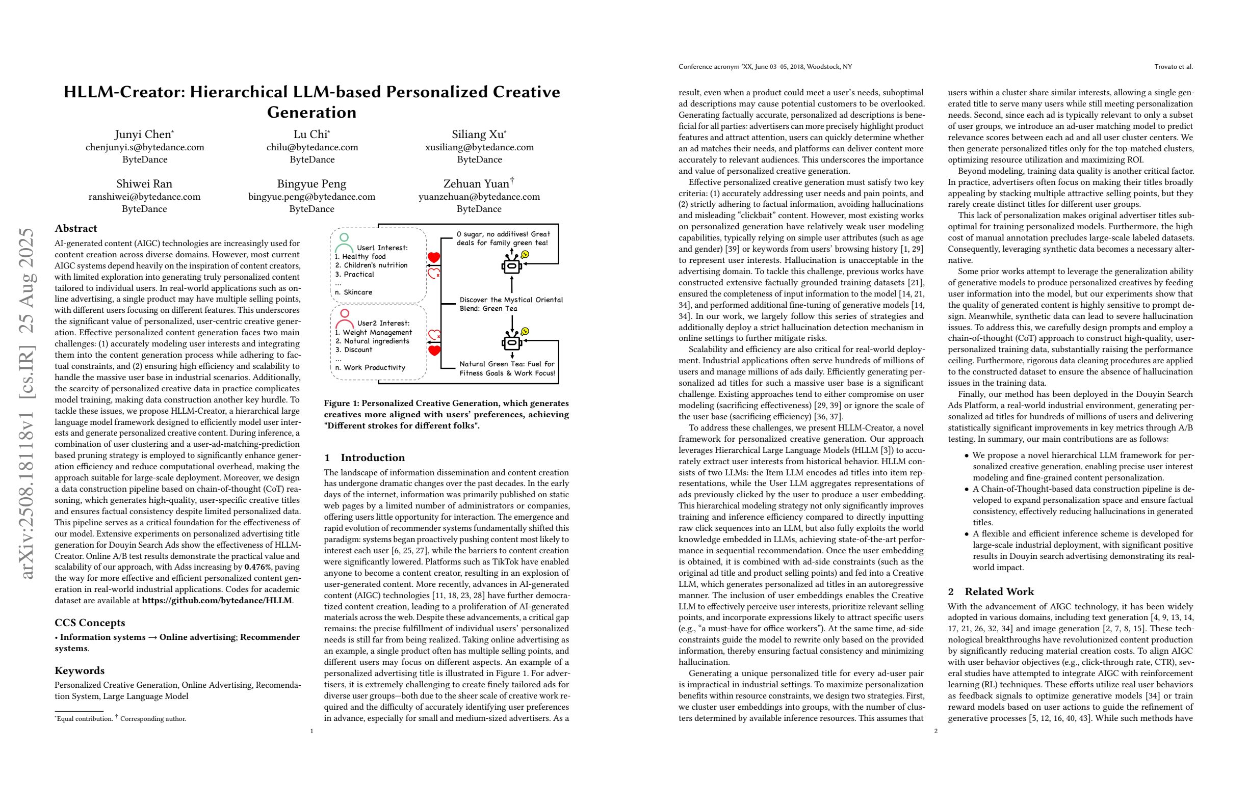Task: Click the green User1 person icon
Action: click(344, 243)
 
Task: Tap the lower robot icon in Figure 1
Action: click(511, 342)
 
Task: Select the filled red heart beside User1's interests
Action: click(434, 257)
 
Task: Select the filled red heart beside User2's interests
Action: click(434, 350)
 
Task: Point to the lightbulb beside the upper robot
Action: click(525, 254)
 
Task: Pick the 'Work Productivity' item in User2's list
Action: click(374, 367)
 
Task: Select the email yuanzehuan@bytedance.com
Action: click(479, 197)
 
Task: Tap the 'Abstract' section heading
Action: click(75, 228)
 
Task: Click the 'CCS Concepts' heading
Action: click(90, 623)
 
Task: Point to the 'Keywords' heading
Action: click(79, 670)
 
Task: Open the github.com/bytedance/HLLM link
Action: click(217, 601)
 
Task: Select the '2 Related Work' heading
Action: click(991, 591)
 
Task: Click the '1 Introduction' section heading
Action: click(365, 458)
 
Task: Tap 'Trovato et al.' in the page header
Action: click(1173, 67)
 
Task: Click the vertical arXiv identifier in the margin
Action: click(27, 404)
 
